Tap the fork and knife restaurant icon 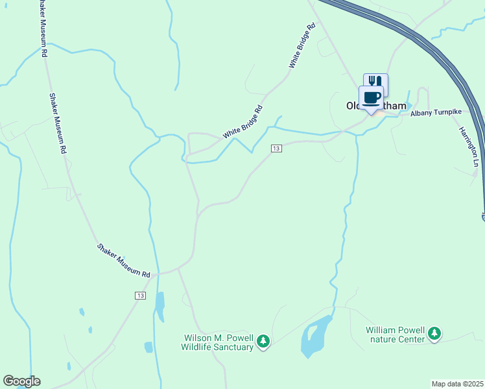pyautogui.click(x=376, y=81)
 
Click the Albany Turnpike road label pyautogui.click(x=436, y=113)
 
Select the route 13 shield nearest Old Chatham pyautogui.click(x=277, y=149)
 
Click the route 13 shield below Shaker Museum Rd pyautogui.click(x=139, y=295)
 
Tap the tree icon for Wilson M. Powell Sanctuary pyautogui.click(x=263, y=340)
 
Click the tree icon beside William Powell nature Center pyautogui.click(x=434, y=334)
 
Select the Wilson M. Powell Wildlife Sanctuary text pyautogui.click(x=217, y=342)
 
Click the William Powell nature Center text pyautogui.click(x=395, y=334)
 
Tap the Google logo pyautogui.click(x=21, y=381)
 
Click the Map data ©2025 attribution pyautogui.click(x=458, y=384)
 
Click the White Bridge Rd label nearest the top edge pyautogui.click(x=302, y=45)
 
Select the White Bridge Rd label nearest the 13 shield pyautogui.click(x=243, y=121)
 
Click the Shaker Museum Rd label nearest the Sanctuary pyautogui.click(x=123, y=260)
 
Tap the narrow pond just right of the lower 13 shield pyautogui.click(x=160, y=306)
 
